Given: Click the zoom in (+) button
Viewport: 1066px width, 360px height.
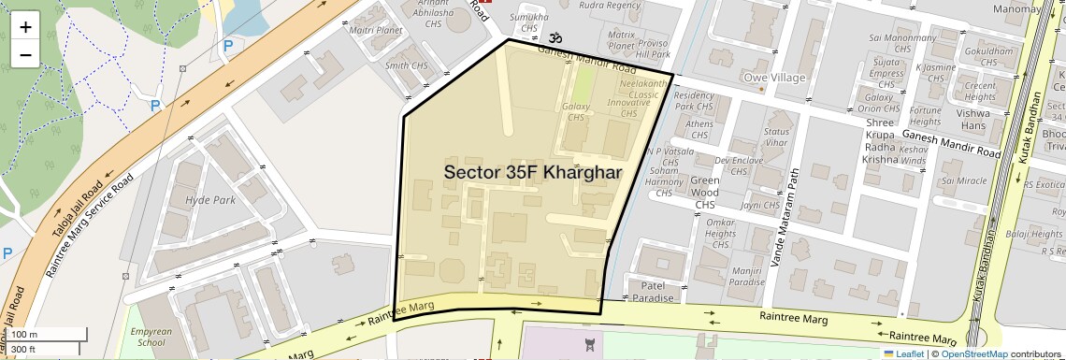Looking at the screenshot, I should [25, 27].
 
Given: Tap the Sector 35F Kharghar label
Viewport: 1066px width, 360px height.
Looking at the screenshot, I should [533, 173].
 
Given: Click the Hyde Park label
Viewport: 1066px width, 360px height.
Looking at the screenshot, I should [210, 200].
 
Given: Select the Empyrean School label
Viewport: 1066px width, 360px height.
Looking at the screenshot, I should [151, 337].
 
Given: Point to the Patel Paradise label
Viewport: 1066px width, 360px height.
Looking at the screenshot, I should [651, 292].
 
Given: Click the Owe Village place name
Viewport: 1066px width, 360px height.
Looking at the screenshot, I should [773, 77].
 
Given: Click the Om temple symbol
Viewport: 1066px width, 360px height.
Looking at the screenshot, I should [555, 38].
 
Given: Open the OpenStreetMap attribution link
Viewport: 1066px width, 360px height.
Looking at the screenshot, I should [973, 354].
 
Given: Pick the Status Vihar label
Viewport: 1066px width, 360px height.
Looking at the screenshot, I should [776, 137].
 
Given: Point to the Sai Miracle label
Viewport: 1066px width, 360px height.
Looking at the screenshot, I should [964, 180].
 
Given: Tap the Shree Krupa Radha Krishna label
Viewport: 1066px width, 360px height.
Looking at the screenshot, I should [880, 140].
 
